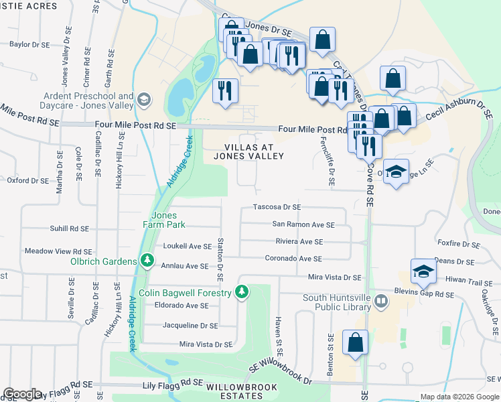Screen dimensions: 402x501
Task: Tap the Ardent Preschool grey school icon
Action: point(143,100)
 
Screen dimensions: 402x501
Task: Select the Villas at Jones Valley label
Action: point(248,151)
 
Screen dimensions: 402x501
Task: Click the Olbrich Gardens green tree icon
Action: point(147,259)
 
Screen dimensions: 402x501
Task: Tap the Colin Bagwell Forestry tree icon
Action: point(242,292)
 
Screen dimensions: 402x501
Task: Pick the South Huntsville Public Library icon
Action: point(381,301)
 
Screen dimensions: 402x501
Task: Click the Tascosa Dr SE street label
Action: point(277,208)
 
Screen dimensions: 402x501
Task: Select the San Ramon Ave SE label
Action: point(303,224)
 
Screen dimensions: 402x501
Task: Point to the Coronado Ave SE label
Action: point(293,259)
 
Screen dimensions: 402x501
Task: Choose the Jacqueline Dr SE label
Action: point(190,326)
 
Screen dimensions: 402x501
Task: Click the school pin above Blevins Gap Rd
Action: point(423,271)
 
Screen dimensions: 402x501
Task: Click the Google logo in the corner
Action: point(22,394)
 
